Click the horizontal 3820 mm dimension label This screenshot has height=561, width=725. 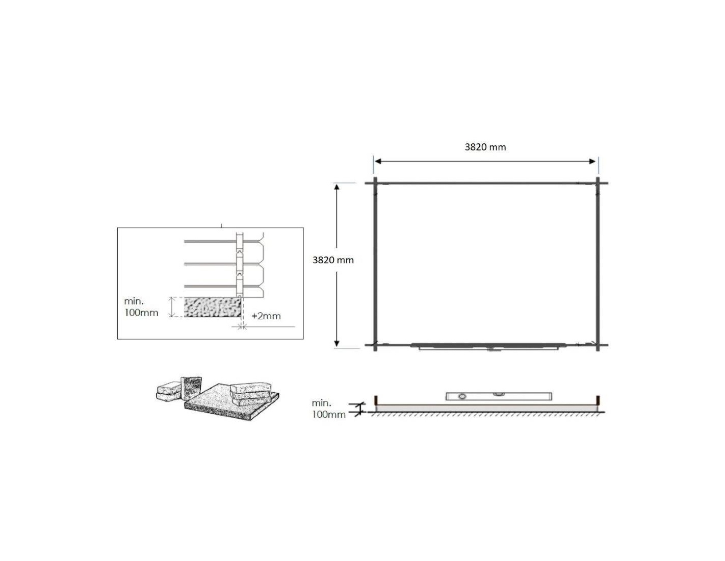coord(485,147)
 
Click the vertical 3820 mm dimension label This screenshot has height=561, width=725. coord(333,260)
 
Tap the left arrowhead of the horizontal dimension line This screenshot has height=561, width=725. coord(378,162)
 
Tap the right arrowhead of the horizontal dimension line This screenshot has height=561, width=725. coord(592,162)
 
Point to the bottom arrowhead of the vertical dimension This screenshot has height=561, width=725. coord(336,343)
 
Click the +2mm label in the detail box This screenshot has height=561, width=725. coord(266,316)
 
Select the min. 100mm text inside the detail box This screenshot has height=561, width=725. coord(141,307)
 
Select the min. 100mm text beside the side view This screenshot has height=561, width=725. coord(328,409)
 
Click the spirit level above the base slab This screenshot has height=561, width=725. coord(499,396)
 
